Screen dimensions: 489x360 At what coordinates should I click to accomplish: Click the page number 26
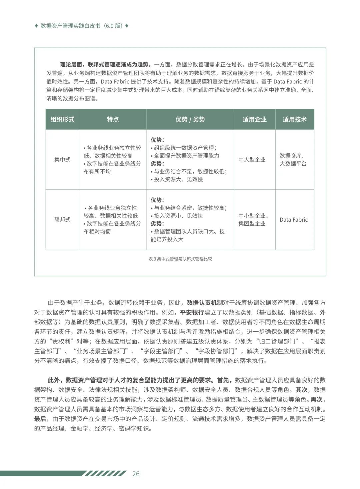[x=136, y=474]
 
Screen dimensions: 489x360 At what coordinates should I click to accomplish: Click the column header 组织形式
[x=62, y=119]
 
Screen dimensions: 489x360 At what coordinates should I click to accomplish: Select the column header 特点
[x=113, y=119]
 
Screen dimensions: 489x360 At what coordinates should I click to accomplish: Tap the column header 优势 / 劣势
[x=190, y=119]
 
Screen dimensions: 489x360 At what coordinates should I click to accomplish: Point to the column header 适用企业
[x=254, y=119]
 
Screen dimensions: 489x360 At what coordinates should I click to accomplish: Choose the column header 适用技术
[x=294, y=119]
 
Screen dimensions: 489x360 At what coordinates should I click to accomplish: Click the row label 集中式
[x=62, y=160]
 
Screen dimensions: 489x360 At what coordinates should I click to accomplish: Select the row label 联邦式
[x=62, y=220]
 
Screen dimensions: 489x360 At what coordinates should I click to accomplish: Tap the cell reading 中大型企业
[x=252, y=160]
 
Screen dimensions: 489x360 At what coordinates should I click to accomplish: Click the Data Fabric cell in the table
[x=294, y=220]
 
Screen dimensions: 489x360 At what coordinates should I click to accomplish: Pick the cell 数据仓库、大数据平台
[x=293, y=160]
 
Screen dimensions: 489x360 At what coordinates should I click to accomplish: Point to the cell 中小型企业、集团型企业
[x=253, y=220]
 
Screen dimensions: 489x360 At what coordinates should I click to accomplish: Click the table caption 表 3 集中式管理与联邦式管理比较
[x=180, y=259]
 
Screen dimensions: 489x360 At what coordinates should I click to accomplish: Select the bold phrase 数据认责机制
[x=205, y=303]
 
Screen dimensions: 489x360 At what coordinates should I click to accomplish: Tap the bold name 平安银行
[x=192, y=312]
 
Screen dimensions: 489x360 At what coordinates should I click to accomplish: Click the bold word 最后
[x=40, y=419]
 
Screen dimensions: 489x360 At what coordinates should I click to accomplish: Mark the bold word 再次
[x=316, y=399]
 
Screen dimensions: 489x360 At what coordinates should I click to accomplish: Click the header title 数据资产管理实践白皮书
[x=70, y=26]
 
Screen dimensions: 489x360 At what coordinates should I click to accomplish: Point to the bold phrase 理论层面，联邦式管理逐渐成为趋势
[x=105, y=65]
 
